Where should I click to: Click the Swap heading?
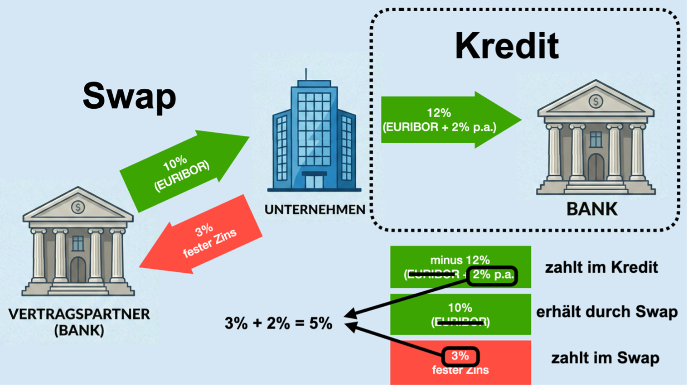(x=129, y=96)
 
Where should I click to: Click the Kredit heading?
(x=507, y=46)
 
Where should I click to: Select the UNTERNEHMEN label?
(x=315, y=209)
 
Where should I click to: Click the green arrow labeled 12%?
(x=444, y=120)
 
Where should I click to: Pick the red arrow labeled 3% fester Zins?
(x=204, y=238)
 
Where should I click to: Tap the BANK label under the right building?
(x=592, y=209)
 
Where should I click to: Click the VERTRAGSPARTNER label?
(x=79, y=314)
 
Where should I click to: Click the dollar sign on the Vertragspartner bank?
(x=78, y=207)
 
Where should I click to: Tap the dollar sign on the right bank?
(x=596, y=101)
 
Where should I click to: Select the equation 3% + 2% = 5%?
(x=278, y=323)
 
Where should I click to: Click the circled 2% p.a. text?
(x=493, y=275)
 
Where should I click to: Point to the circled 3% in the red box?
(x=460, y=356)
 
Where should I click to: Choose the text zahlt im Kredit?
(x=601, y=267)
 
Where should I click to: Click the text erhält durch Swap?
(x=607, y=312)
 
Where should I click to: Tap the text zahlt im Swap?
(x=605, y=358)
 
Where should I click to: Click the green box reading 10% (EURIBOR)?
(x=460, y=314)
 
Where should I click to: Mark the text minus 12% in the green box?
(x=460, y=260)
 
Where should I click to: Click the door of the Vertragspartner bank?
(x=78, y=270)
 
